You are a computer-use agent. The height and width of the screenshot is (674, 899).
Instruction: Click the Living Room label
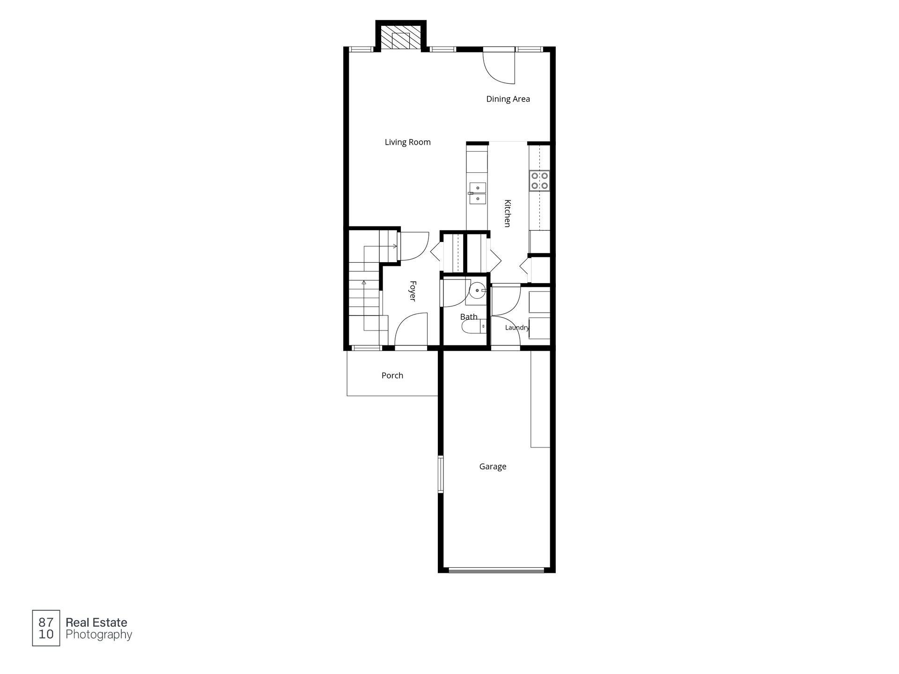[407, 142]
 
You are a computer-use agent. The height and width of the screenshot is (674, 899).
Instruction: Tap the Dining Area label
[508, 99]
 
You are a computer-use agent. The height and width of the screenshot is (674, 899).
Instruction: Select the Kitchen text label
[507, 213]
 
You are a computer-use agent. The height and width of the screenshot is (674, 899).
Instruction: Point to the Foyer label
[413, 291]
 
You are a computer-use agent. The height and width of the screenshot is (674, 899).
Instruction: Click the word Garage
[493, 467]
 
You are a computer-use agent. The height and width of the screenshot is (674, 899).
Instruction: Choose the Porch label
[392, 375]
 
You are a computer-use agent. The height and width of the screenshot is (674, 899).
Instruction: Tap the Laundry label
[517, 328]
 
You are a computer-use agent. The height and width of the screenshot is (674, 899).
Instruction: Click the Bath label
[469, 317]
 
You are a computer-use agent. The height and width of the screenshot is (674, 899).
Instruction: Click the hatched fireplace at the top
[400, 37]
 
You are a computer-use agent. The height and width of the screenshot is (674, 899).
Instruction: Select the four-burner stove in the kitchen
[539, 181]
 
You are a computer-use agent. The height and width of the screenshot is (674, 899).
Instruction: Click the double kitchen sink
[478, 193]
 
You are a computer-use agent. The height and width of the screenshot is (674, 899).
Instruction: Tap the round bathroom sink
[478, 291]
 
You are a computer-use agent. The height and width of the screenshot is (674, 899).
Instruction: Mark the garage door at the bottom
[496, 570]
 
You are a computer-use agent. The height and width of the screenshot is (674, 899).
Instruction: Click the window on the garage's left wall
[441, 474]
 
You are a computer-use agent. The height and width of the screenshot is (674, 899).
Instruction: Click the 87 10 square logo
[46, 628]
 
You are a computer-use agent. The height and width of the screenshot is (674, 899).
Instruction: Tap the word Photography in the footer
[99, 635]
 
